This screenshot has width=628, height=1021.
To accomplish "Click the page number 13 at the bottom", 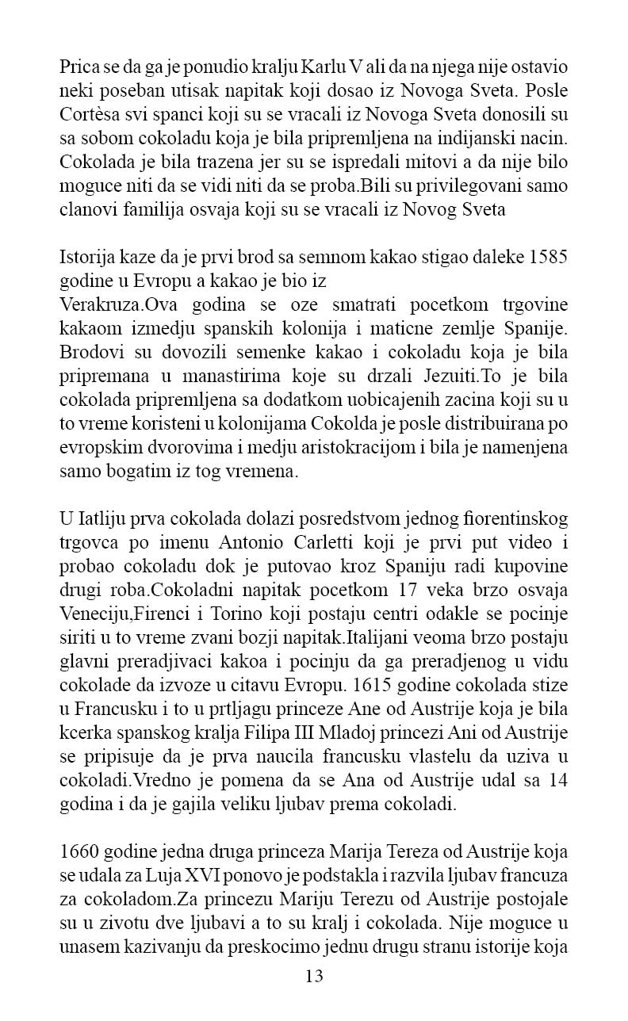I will coord(314,976).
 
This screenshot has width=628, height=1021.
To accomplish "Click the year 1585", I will coord(546,258).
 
